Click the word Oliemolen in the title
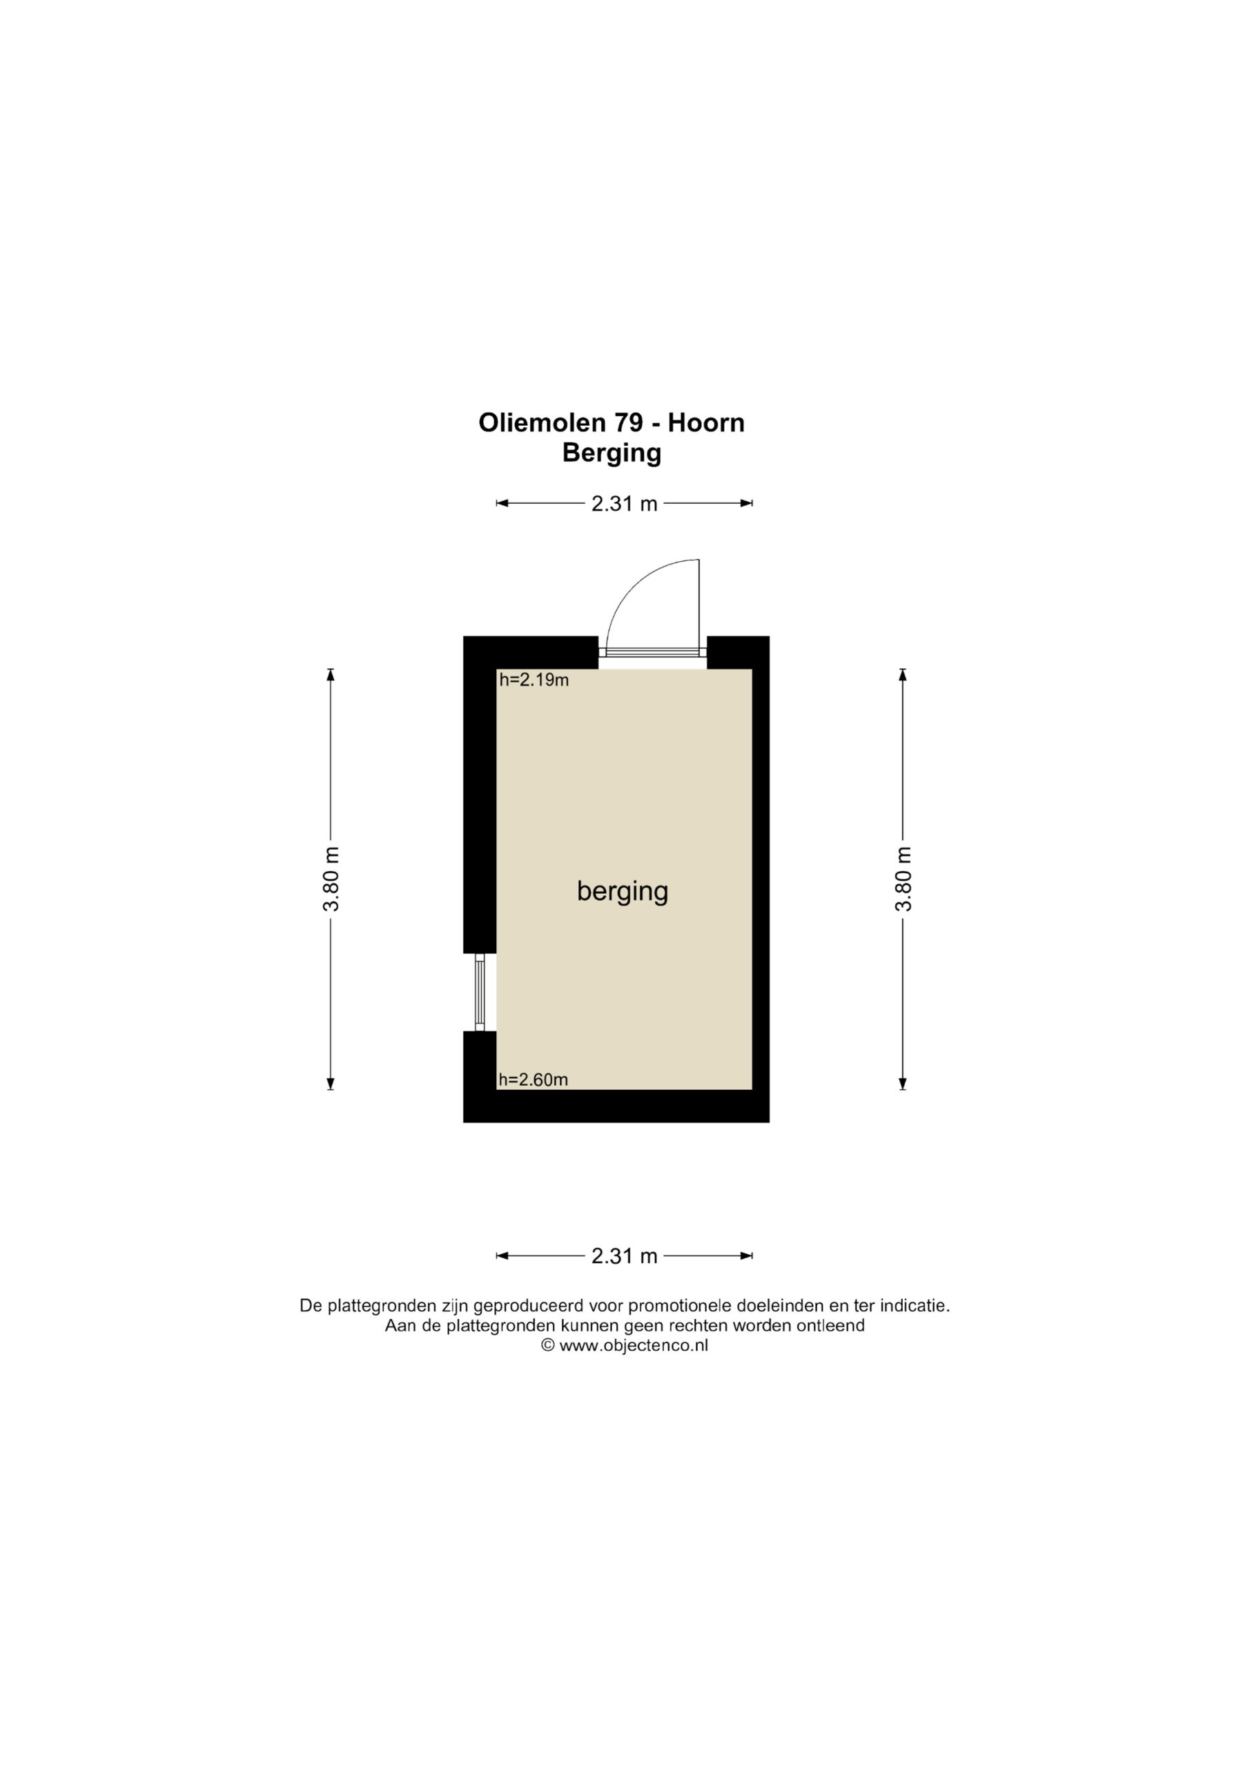point(542,423)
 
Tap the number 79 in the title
point(629,423)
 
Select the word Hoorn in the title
point(706,423)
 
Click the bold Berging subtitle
point(612,454)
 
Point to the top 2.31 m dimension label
point(624,504)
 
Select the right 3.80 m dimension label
point(903,879)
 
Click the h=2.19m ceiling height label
point(534,680)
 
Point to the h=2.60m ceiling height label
point(534,1080)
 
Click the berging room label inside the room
point(623,892)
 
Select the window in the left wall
point(480,992)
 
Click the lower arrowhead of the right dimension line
point(903,1083)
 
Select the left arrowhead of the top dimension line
point(502,503)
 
